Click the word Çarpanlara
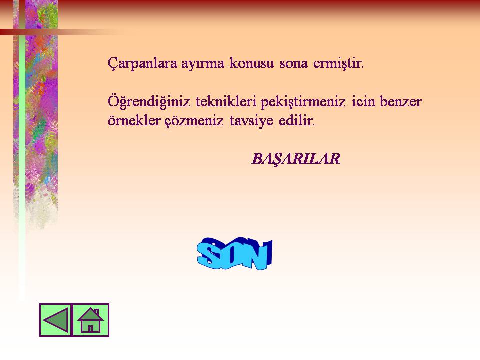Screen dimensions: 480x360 click(142, 63)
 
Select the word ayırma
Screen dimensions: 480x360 click(203, 64)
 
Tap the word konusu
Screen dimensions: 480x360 click(251, 63)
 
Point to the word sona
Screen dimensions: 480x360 click(293, 64)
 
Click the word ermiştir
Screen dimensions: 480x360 click(339, 64)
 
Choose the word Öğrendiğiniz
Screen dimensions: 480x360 click(149, 102)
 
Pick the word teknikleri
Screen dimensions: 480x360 click(226, 101)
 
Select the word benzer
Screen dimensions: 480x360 click(401, 101)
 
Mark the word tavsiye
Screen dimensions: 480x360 click(251, 121)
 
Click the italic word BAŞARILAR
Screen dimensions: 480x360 click(296, 159)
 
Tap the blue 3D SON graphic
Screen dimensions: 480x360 click(235, 254)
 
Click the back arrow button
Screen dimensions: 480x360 click(55, 320)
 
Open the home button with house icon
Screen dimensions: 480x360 click(90, 320)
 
